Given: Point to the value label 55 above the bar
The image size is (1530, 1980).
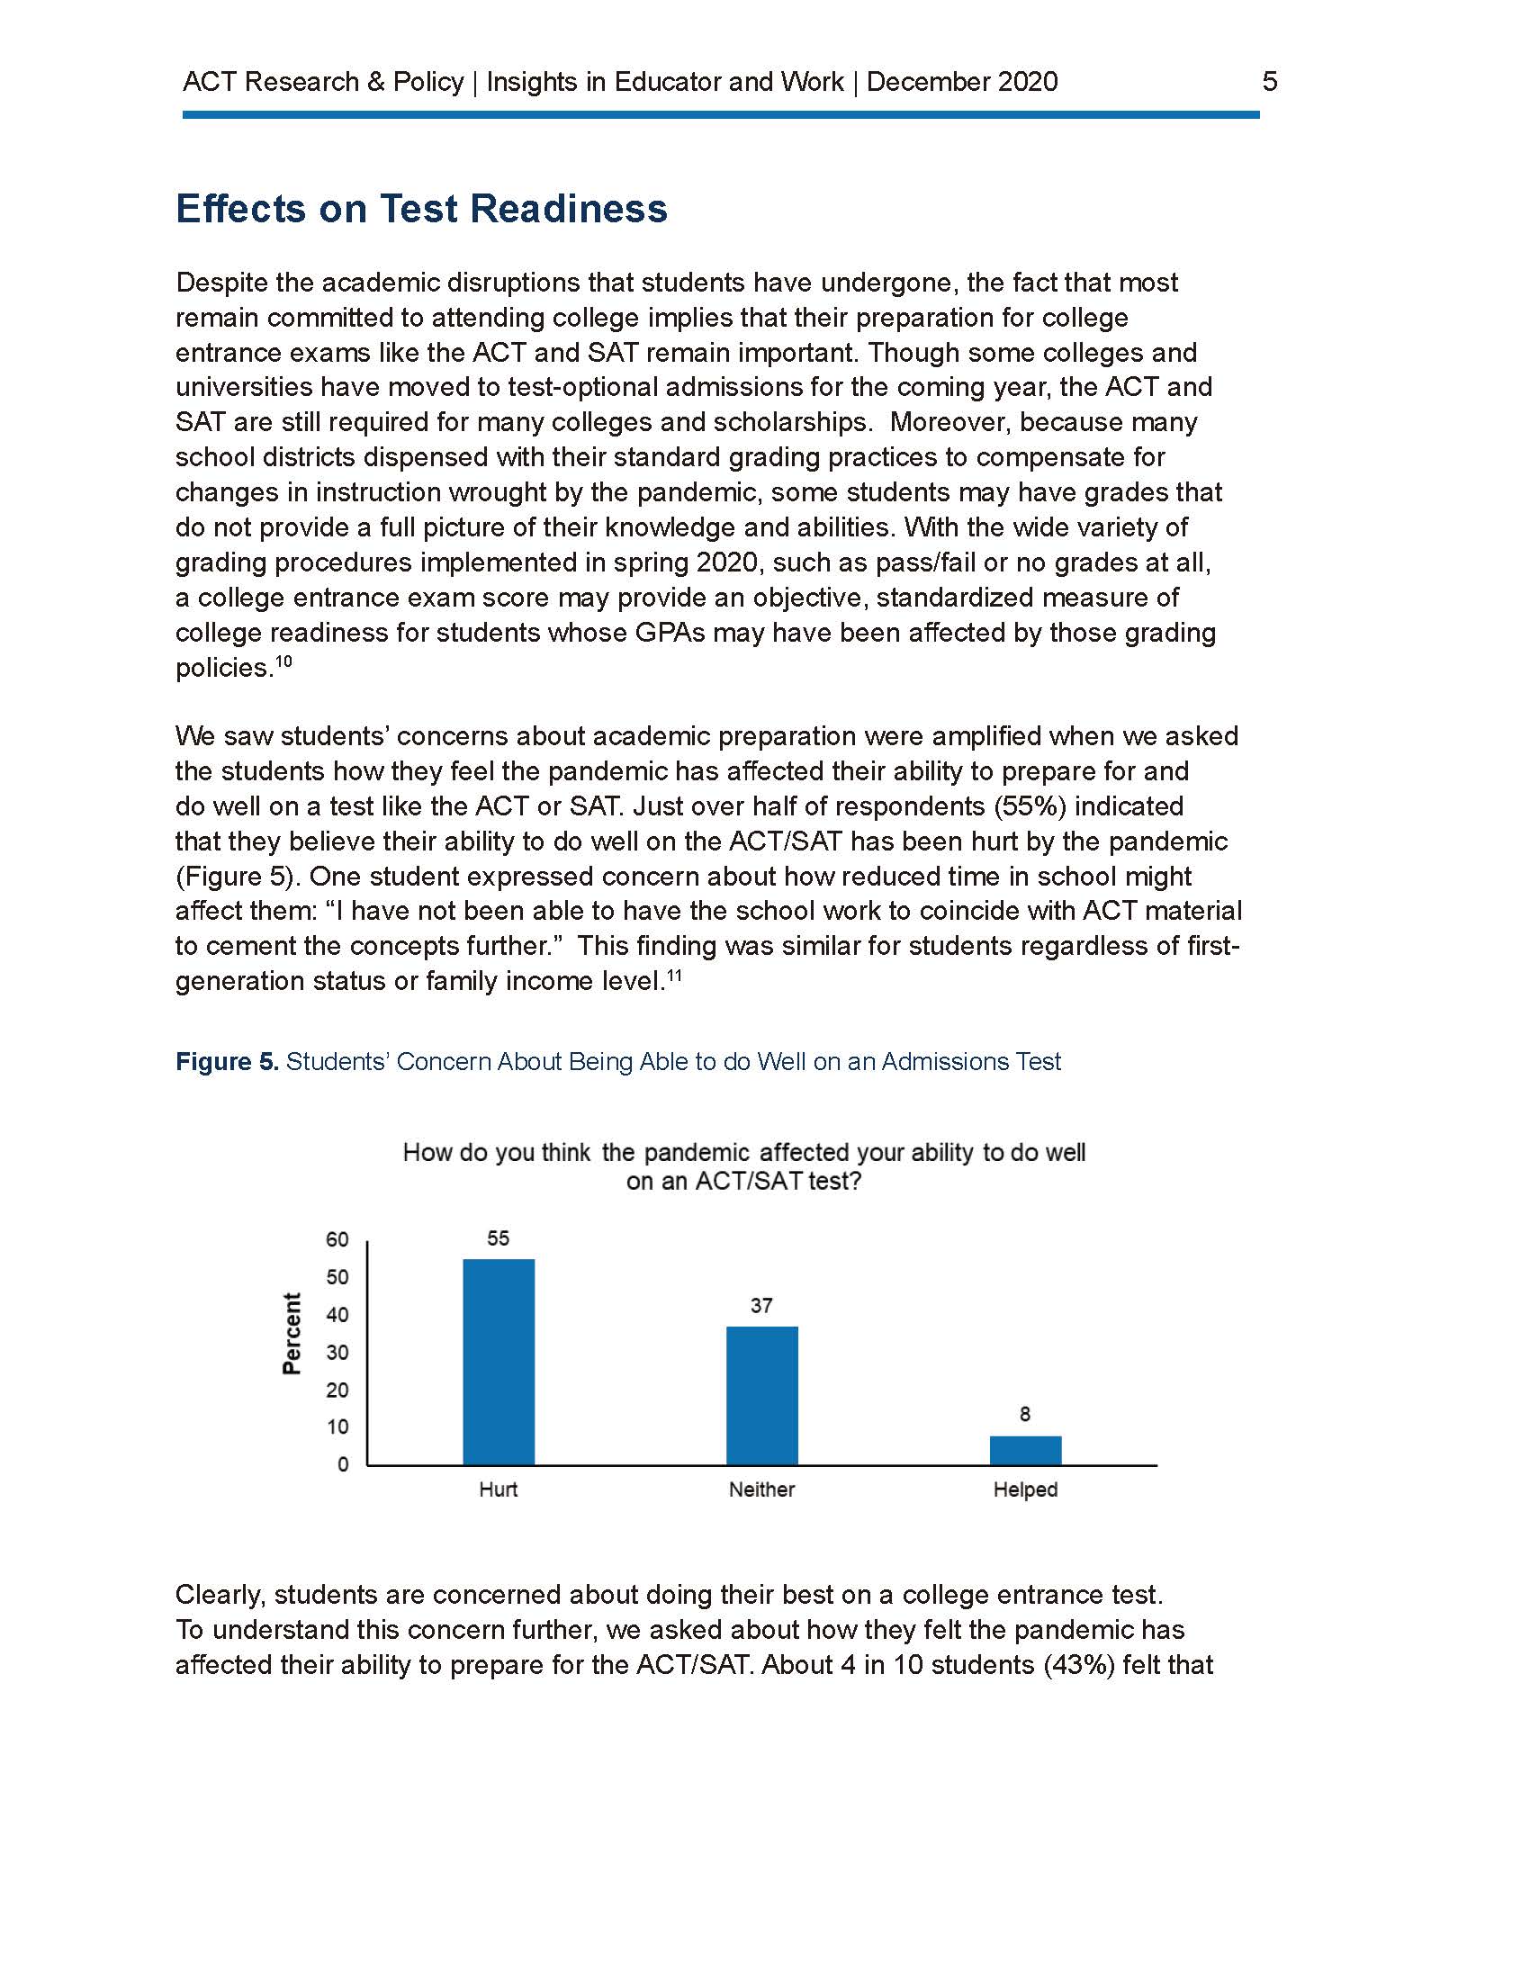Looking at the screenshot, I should pos(499,1238).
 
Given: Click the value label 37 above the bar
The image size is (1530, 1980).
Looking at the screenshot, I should pos(761,1306).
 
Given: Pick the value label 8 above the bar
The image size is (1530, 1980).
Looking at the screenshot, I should pos(1025,1414).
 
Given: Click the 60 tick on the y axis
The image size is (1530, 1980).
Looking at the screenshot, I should pos(337,1239).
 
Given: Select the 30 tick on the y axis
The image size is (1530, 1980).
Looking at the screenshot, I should pos(337,1353).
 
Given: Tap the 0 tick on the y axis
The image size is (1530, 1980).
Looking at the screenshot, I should pos(343,1465).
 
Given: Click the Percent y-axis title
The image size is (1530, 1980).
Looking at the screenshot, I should pos(292,1334).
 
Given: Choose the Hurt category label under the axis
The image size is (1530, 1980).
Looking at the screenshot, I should pos(499,1489).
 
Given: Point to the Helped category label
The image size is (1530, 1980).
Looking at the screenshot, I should pos(1025,1489).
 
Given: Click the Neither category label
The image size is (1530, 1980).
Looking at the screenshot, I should pos(761,1489).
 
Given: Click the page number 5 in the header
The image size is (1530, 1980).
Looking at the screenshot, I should pos(1270,82).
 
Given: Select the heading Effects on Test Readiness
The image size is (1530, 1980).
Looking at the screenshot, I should pos(421,209).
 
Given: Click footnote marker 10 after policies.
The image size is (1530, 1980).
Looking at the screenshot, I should pos(283,661).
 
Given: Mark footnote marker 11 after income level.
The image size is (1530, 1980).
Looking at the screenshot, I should pos(674,976).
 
